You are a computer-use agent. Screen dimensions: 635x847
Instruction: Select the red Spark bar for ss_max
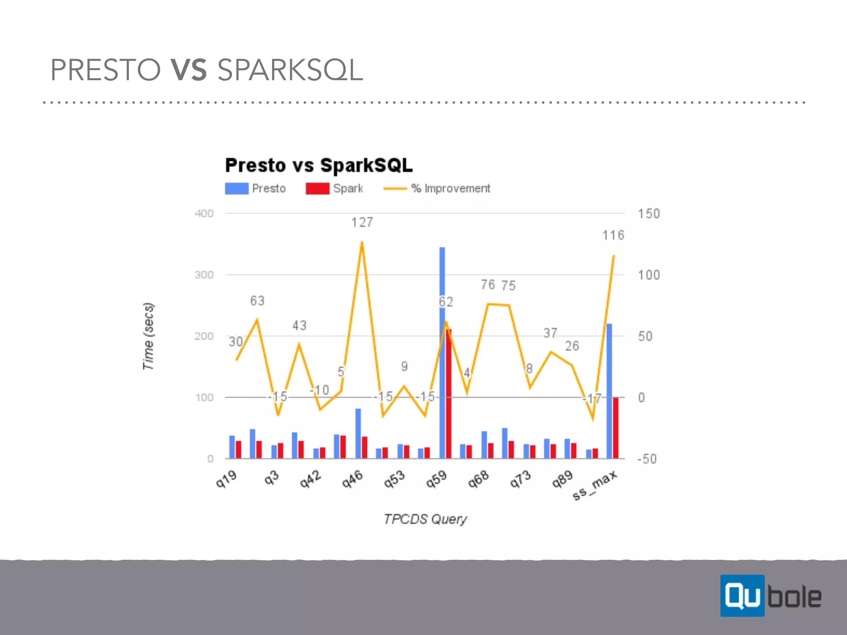[x=616, y=428]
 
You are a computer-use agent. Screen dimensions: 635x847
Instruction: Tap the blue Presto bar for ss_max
[x=609, y=391]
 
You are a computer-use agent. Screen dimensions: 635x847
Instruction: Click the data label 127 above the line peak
[x=362, y=223]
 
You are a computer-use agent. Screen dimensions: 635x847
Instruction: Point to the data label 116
[x=613, y=236]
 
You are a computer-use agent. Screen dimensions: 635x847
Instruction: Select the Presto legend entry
[x=256, y=189]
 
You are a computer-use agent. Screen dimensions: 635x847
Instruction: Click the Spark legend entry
[x=334, y=189]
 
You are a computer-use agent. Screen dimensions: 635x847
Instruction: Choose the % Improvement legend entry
[x=437, y=189]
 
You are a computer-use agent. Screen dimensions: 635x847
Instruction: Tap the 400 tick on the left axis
[x=204, y=214]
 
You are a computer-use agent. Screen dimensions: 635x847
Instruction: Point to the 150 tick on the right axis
[x=648, y=214]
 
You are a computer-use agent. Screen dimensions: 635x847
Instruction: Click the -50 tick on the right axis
[x=647, y=459]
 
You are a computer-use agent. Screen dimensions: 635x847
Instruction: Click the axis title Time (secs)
[x=148, y=336]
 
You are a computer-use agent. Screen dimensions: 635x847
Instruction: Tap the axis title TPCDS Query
[x=425, y=519]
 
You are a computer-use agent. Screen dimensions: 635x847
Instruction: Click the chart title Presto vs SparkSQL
[x=319, y=165]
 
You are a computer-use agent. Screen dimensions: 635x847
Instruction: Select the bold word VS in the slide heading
[x=189, y=70]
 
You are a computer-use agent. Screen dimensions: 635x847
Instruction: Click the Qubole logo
[x=771, y=596]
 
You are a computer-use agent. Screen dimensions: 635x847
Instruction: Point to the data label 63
[x=257, y=301]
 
